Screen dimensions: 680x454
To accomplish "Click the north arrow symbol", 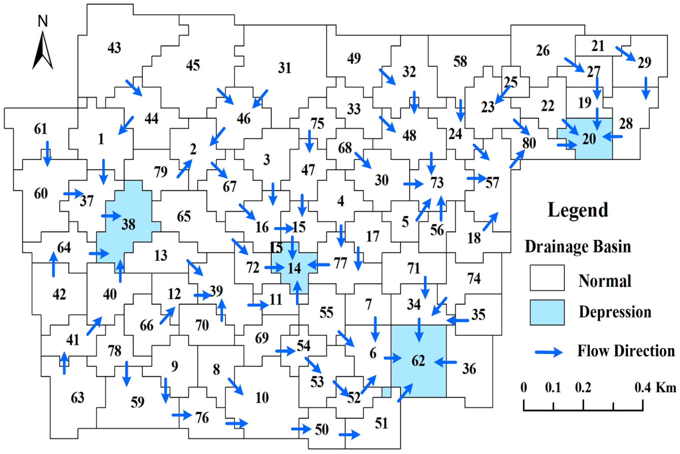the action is click(x=43, y=51).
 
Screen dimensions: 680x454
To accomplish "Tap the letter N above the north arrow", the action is click(x=43, y=21).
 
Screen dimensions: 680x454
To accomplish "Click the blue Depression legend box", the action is click(x=547, y=312).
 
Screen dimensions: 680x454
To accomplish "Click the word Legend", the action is click(x=578, y=210).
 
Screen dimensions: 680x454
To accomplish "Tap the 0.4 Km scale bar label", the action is click(x=655, y=387).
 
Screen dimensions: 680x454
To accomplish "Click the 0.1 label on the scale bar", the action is click(x=553, y=387).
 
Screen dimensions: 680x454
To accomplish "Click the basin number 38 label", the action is click(x=128, y=224).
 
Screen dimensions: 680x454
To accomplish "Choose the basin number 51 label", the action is click(x=381, y=424).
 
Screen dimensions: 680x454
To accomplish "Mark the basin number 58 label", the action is click(x=460, y=61).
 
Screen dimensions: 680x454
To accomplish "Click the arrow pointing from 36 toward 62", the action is click(x=445, y=362).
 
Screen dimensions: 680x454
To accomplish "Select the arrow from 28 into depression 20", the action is click(x=613, y=136).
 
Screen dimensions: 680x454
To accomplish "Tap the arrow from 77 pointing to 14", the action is click(x=318, y=264).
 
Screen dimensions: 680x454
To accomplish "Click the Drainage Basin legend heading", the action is click(x=578, y=247).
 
